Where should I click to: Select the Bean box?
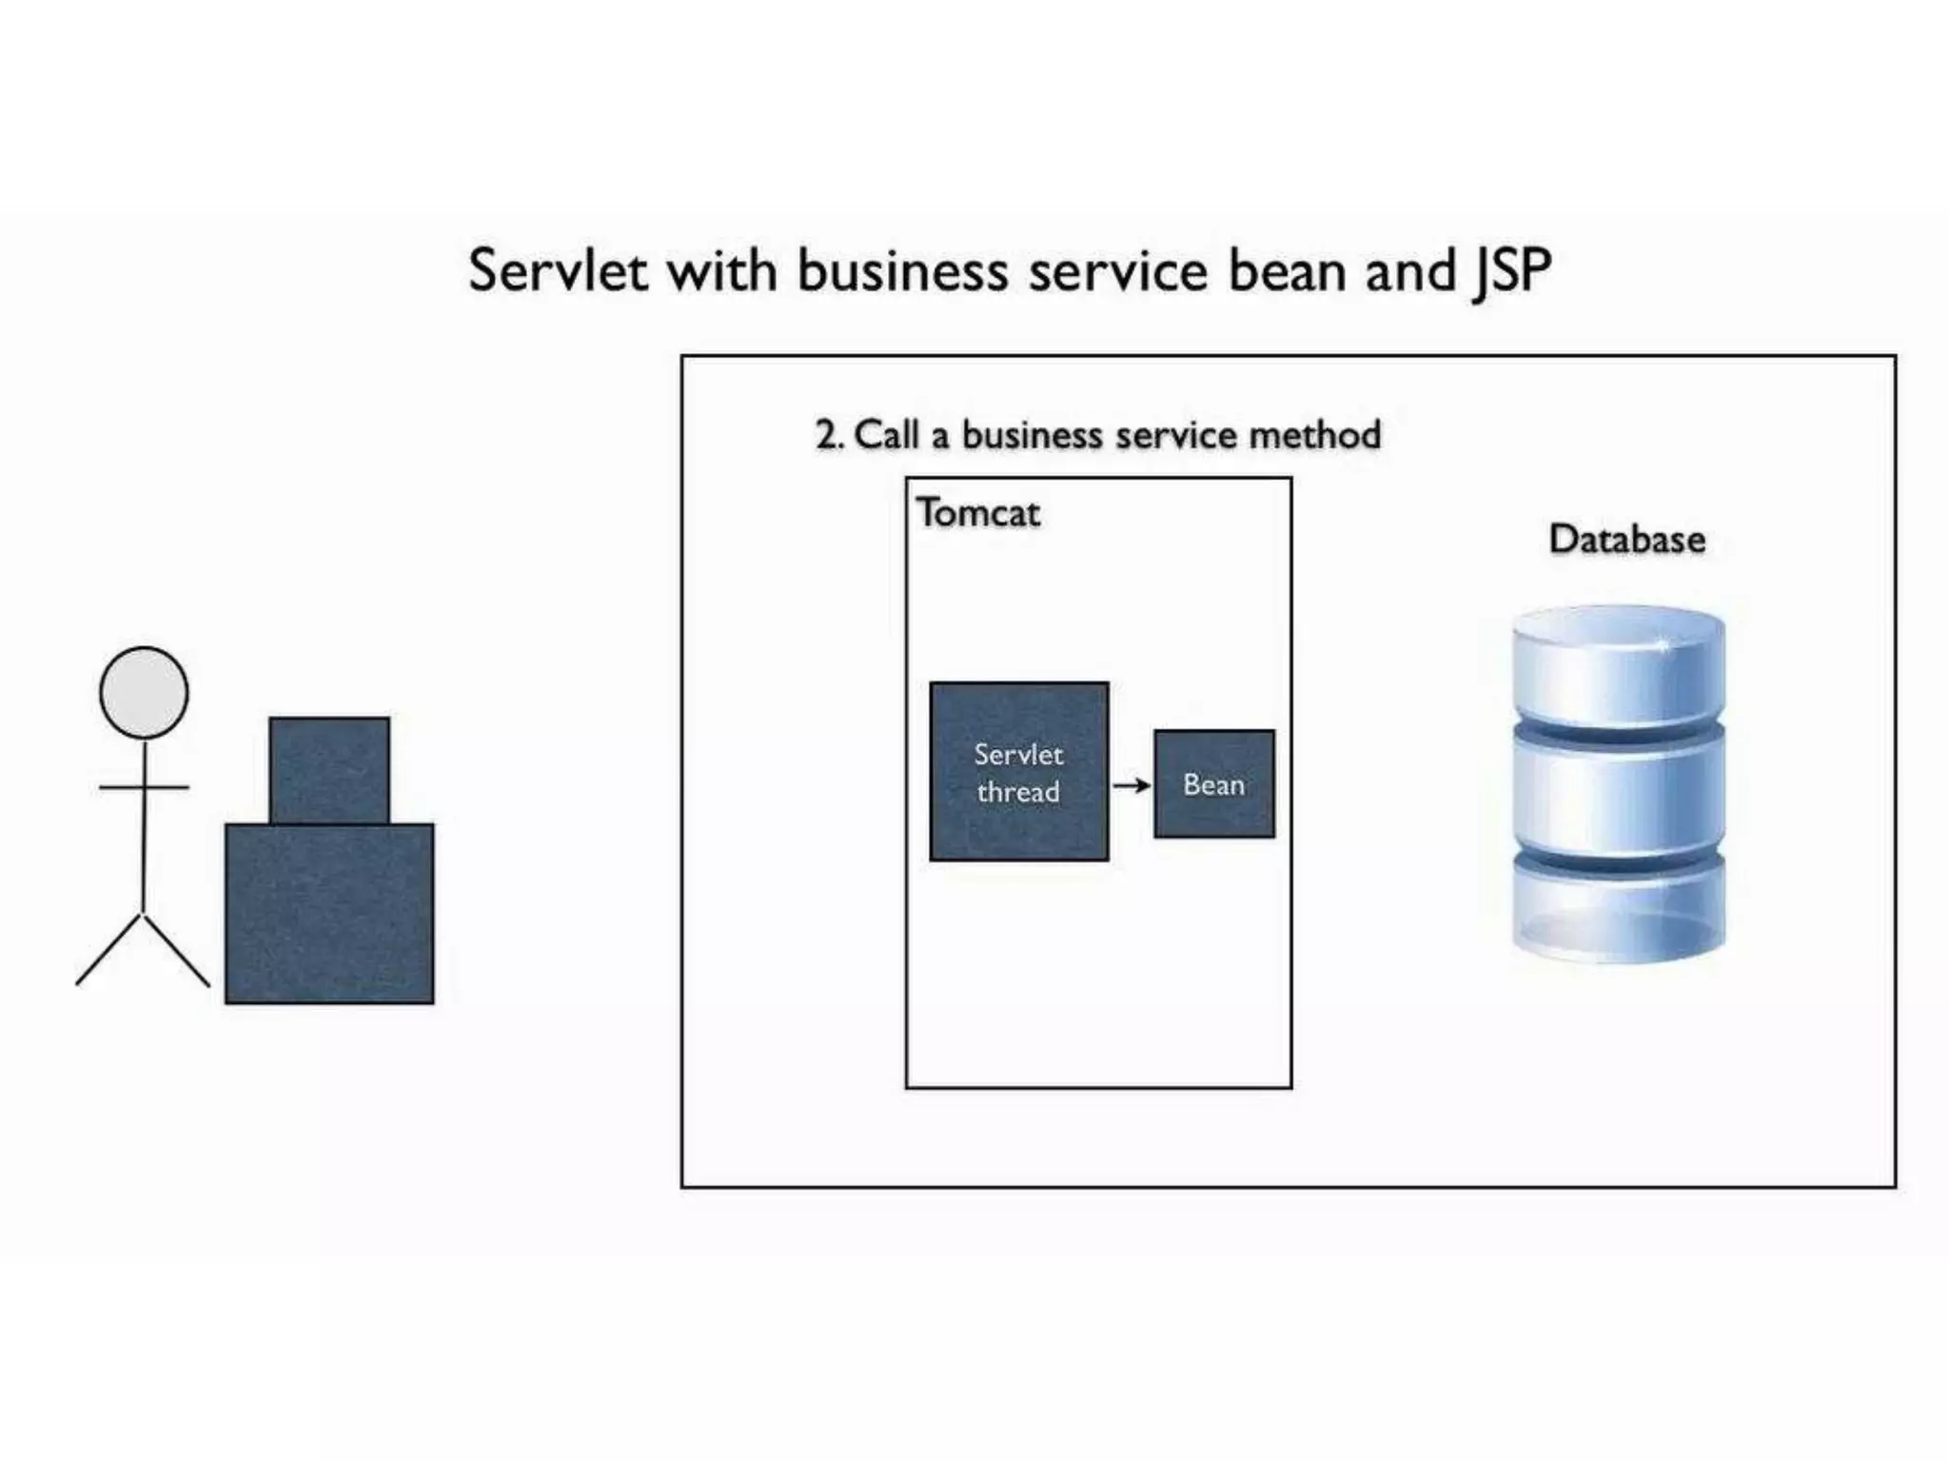pyautogui.click(x=1213, y=784)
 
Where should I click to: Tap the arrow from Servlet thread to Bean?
pyautogui.click(x=1132, y=785)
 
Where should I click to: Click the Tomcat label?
pyautogui.click(x=978, y=513)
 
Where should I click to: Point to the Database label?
pyautogui.click(x=1626, y=540)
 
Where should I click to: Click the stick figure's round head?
pyautogui.click(x=144, y=692)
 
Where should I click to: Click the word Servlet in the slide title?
pyautogui.click(x=558, y=271)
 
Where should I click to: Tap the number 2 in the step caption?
pyautogui.click(x=826, y=436)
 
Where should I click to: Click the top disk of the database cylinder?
pyautogui.click(x=1618, y=666)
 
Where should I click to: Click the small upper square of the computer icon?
pyautogui.click(x=329, y=769)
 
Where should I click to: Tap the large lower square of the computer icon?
pyautogui.click(x=329, y=914)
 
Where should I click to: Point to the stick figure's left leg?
pyautogui.click(x=108, y=950)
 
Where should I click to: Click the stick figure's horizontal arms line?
pyautogui.click(x=144, y=787)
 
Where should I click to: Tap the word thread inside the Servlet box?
pyautogui.click(x=1018, y=792)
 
